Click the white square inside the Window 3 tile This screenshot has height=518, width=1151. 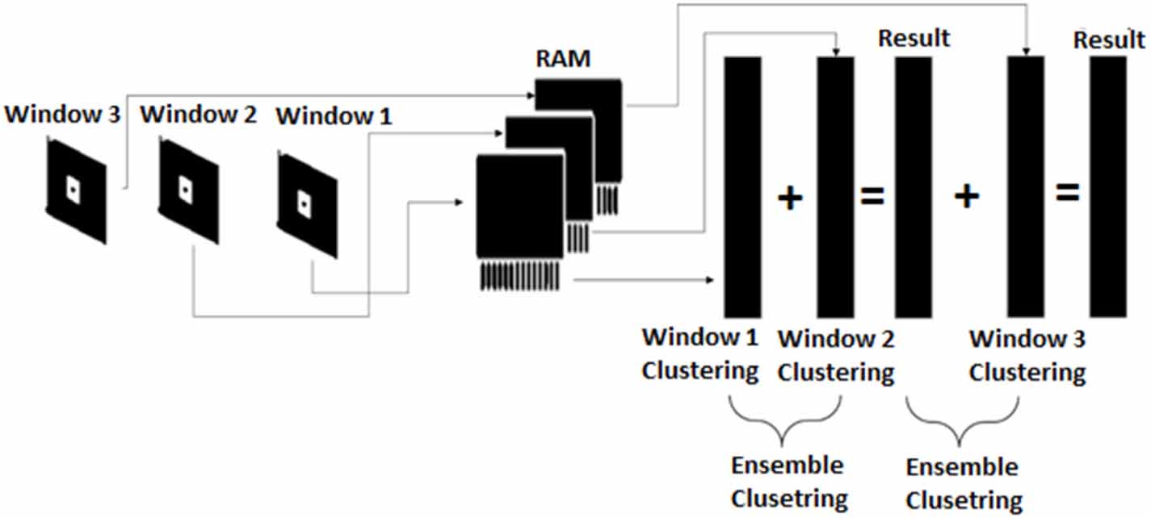coord(73,190)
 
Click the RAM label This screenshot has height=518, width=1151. coord(563,58)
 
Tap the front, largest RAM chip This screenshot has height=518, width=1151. coord(520,207)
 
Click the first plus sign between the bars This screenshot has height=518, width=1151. coord(790,198)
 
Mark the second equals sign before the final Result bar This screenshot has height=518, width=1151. coord(1067,193)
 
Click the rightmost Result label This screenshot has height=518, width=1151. coord(1108,40)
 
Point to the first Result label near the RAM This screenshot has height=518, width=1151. coord(914,37)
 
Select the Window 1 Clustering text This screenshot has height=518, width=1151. coord(699,354)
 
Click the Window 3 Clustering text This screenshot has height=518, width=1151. coord(1027,356)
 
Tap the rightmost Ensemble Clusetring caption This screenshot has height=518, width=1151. coord(962,482)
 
